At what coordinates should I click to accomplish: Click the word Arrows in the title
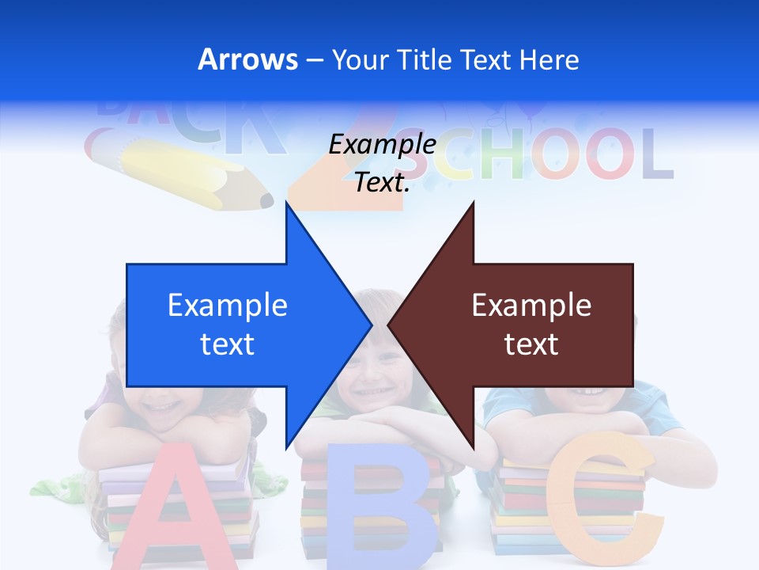[x=247, y=59]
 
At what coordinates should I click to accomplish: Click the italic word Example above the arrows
[x=382, y=145]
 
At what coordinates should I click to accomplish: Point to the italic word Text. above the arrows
[x=382, y=183]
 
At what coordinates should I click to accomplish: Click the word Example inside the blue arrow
[x=228, y=306]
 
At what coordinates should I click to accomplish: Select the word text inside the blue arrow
[x=228, y=344]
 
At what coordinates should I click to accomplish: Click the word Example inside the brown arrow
[x=531, y=306]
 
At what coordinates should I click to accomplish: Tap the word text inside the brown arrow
[x=531, y=344]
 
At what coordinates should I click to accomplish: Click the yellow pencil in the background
[x=182, y=174]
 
